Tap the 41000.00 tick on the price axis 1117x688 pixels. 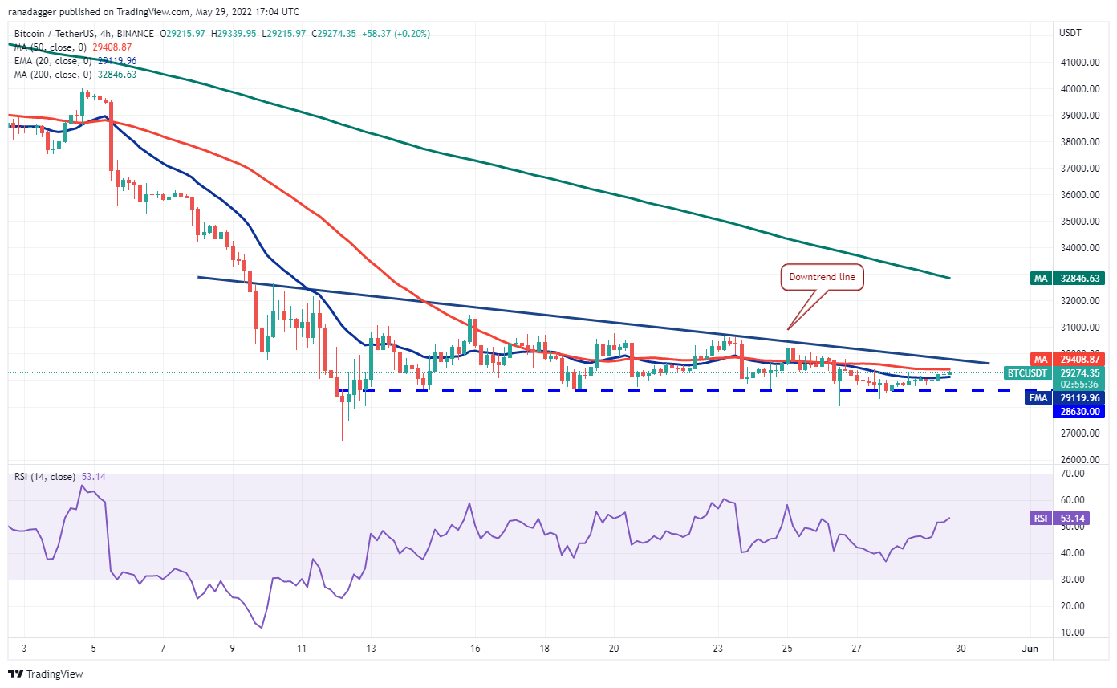tap(1080, 62)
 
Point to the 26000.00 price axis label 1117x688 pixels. tap(1080, 460)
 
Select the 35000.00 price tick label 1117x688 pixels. tap(1080, 221)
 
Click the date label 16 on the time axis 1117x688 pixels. tap(475, 649)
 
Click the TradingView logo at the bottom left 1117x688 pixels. tap(46, 674)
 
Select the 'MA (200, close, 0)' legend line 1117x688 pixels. tap(74, 75)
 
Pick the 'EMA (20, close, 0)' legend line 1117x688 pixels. tap(74, 61)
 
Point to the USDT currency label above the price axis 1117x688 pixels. tap(1071, 34)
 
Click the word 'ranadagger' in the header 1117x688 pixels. tap(31, 12)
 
